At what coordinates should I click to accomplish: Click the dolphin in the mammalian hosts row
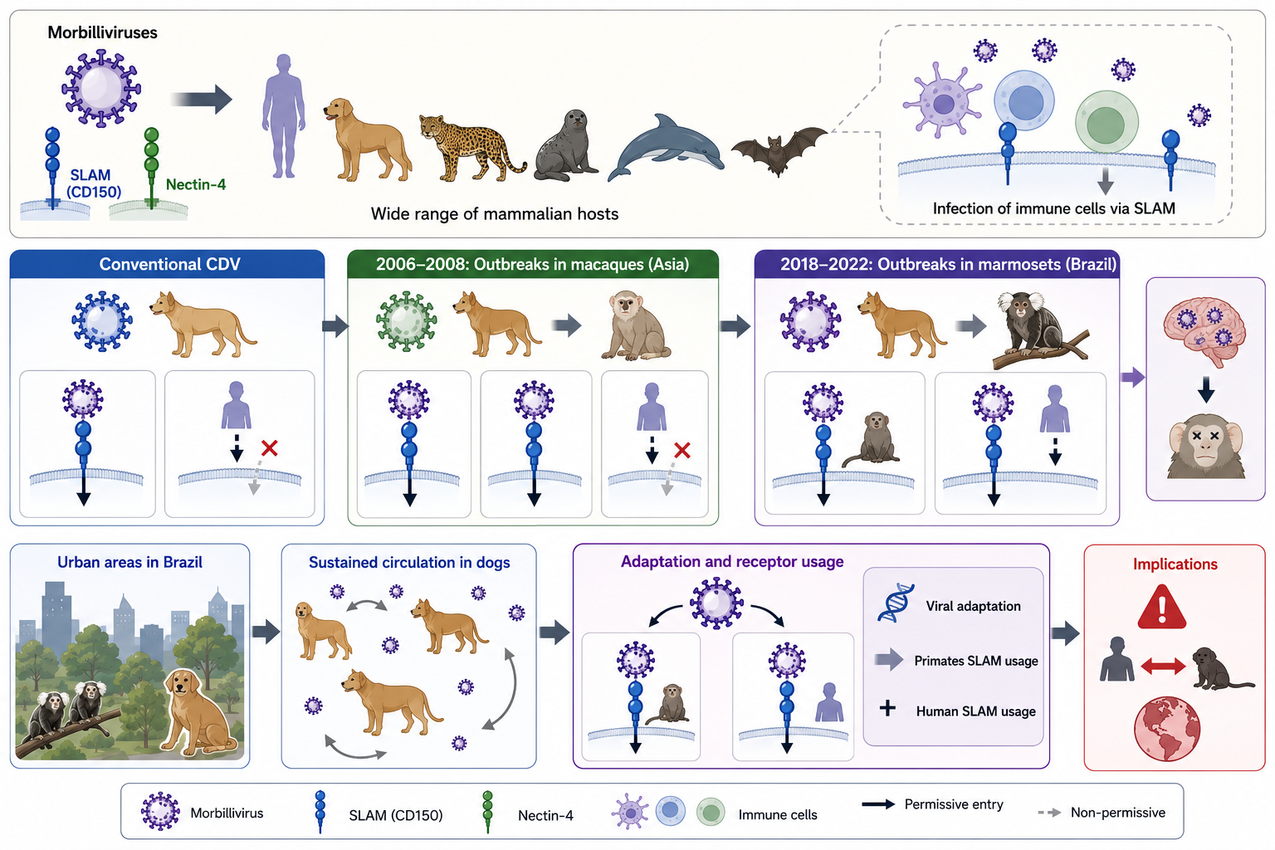[665, 149]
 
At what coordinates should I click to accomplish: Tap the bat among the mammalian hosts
[779, 150]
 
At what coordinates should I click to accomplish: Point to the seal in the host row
[566, 146]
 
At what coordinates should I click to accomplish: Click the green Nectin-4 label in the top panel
[196, 184]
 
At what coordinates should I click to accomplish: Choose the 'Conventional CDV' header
[169, 264]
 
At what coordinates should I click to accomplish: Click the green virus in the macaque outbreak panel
[406, 321]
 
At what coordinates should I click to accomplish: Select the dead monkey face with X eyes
[1205, 447]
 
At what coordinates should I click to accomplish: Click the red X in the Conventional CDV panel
[269, 448]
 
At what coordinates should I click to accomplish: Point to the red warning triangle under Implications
[1162, 607]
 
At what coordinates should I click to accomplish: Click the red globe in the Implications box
[1167, 729]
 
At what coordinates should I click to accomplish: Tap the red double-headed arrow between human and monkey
[1164, 666]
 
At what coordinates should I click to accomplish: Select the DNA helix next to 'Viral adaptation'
[896, 603]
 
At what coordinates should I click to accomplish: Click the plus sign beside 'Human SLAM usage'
[887, 709]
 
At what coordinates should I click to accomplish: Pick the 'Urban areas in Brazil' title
[129, 563]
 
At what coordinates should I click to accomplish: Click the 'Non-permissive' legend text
[1118, 813]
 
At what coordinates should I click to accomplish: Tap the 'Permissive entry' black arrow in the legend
[877, 804]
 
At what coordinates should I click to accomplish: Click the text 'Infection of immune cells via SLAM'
[1053, 208]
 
